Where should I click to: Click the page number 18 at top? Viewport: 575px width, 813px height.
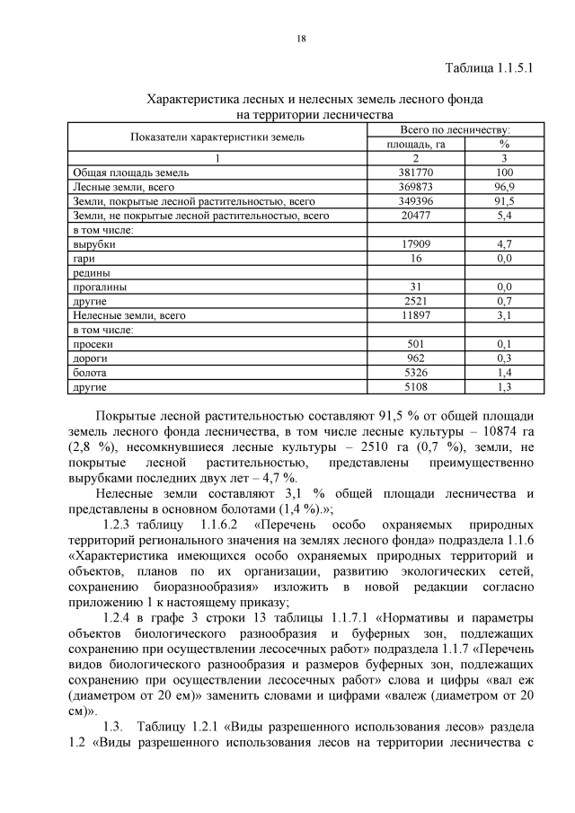[x=301, y=38]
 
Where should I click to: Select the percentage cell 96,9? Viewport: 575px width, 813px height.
[x=504, y=187]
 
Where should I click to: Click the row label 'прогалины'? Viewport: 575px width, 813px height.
[x=100, y=287]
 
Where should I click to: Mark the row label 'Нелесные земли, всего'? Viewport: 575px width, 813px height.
[x=128, y=315]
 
